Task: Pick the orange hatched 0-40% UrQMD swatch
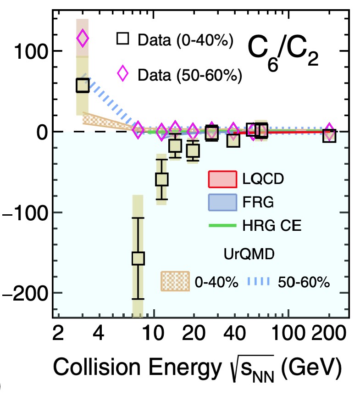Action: [175, 280]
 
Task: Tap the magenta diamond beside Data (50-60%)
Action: [122, 72]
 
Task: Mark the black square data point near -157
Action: [138, 258]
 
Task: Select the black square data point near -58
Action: [161, 179]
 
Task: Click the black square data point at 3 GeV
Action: [83, 85]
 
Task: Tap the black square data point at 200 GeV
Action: [329, 136]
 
